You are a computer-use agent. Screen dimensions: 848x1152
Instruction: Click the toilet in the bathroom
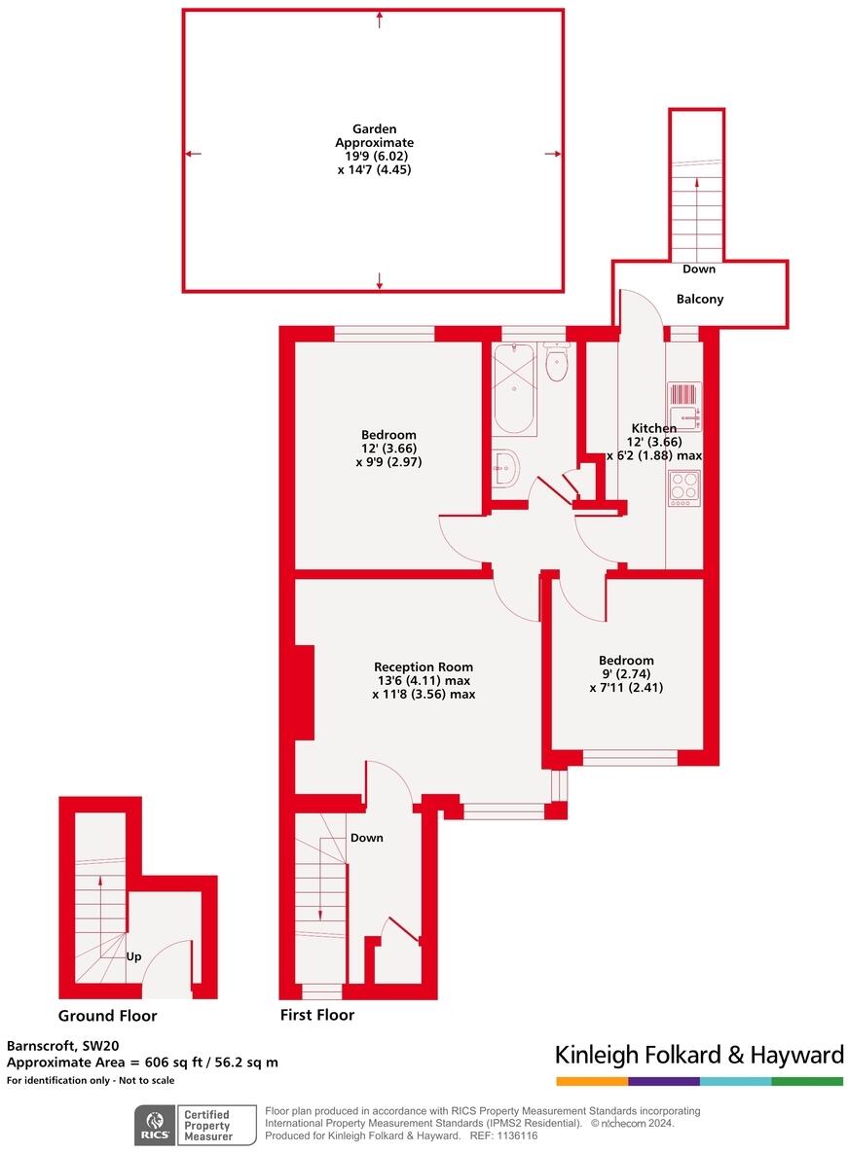[557, 362]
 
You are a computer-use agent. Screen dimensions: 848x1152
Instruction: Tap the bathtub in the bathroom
[513, 389]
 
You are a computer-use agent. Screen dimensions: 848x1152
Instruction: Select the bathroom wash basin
[506, 467]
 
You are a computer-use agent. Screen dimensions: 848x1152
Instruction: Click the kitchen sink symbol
[684, 406]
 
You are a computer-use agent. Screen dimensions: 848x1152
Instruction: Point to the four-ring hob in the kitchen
[684, 488]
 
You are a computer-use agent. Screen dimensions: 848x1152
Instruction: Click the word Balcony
[699, 299]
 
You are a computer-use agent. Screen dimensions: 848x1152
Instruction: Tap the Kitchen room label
[654, 427]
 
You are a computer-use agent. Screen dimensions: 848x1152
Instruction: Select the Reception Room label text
[423, 667]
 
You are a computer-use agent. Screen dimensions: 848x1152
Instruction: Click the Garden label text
[375, 129]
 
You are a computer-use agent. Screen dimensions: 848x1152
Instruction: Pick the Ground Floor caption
[107, 1016]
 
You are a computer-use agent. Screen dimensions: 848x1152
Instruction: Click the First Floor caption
[317, 1015]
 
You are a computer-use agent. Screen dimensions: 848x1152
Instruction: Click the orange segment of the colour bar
[592, 1082]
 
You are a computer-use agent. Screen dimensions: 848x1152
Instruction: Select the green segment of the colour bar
[807, 1082]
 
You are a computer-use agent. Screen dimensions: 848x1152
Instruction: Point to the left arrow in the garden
[193, 154]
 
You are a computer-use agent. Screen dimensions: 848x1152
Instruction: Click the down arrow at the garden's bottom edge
[380, 280]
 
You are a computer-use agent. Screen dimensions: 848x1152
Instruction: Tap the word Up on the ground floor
[133, 956]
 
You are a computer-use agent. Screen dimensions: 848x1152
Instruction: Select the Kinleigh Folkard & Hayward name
[699, 1055]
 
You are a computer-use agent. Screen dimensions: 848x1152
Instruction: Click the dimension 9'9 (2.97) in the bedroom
[388, 462]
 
